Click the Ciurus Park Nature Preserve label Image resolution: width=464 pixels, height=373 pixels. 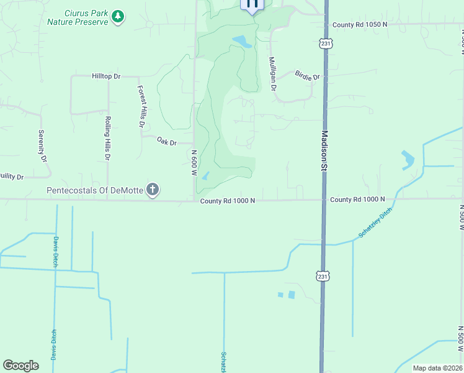tap(86, 17)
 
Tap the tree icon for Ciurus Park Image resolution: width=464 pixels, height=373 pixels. tap(118, 17)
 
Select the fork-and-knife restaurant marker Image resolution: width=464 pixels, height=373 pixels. tap(252, 4)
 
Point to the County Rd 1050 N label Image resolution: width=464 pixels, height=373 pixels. tap(359, 24)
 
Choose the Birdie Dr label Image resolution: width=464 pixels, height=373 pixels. tap(307, 77)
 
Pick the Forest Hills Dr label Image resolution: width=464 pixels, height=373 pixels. tap(141, 107)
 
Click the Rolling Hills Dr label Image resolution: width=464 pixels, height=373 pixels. tap(107, 139)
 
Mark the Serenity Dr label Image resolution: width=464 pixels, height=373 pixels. tap(43, 146)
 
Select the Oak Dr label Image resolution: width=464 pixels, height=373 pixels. tap(166, 142)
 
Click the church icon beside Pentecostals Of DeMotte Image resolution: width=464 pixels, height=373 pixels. tap(153, 190)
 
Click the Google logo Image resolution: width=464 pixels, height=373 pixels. tap(20, 366)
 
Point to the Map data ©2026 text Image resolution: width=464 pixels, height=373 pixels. tap(437, 368)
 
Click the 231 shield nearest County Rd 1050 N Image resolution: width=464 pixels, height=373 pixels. tap(326, 43)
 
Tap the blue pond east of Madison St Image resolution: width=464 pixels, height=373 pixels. tap(408, 160)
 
